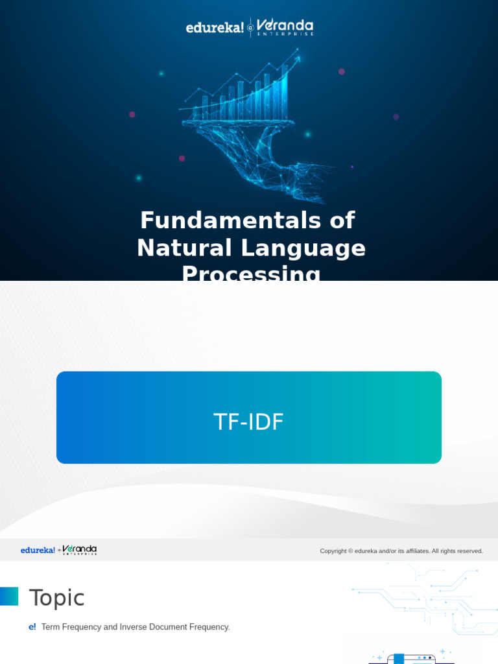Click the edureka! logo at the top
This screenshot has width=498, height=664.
point(215,28)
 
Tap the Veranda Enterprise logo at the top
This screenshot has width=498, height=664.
point(285,27)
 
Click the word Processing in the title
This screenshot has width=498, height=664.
point(251,274)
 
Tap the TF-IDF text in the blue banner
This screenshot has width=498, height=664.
point(248,422)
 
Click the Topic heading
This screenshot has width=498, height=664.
point(56,598)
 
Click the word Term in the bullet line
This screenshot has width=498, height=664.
point(50,627)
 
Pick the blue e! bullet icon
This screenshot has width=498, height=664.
point(32,627)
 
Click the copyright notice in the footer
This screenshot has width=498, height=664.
point(401,551)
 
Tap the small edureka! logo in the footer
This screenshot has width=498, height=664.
point(38,551)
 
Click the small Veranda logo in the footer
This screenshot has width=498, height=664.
point(80,550)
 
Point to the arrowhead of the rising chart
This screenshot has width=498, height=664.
point(298,58)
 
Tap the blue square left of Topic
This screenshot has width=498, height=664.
point(8,597)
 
